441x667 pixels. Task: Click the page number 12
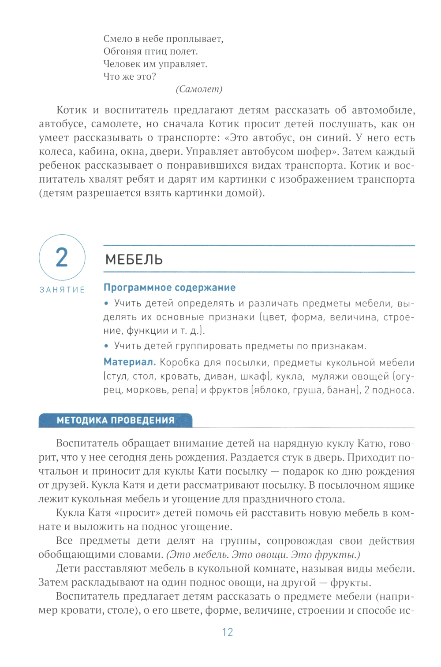pos(227,632)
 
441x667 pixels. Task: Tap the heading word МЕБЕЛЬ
pos(134,259)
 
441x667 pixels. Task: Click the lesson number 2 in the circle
pos(62,257)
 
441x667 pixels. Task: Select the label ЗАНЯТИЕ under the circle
pos(62,290)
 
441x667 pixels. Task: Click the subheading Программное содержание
pos(169,287)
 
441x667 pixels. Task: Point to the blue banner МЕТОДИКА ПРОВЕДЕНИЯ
pos(116,420)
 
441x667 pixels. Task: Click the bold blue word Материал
pos(130,362)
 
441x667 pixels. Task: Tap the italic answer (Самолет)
pos(199,89)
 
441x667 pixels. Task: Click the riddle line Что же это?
pos(130,77)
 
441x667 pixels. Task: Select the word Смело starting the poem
pos(117,39)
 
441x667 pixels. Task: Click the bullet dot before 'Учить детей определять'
pos(106,303)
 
